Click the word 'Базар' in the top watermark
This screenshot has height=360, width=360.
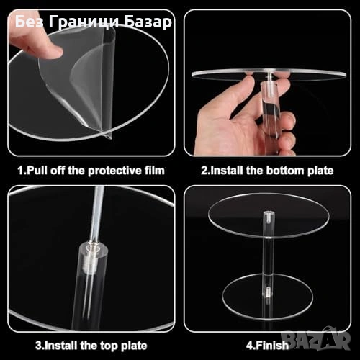pyautogui.click(x=148, y=22)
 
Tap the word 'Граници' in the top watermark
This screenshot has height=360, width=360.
pyautogui.click(x=84, y=22)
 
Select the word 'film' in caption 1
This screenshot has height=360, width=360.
pyautogui.click(x=155, y=171)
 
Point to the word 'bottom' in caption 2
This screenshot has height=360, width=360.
pyautogui.click(x=285, y=171)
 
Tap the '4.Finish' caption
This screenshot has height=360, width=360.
pyautogui.click(x=267, y=346)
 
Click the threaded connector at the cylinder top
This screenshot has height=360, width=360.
pyautogui.click(x=91, y=260)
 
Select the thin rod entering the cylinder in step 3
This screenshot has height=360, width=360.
pyautogui.click(x=97, y=215)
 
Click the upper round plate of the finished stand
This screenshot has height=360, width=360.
pyautogui.click(x=268, y=215)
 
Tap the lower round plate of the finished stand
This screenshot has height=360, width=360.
pyautogui.click(x=268, y=297)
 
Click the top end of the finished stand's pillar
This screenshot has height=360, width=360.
pyautogui.click(x=269, y=212)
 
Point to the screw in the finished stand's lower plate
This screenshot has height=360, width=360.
pyautogui.click(x=269, y=292)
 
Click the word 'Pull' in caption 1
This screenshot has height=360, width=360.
pyautogui.click(x=36, y=171)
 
